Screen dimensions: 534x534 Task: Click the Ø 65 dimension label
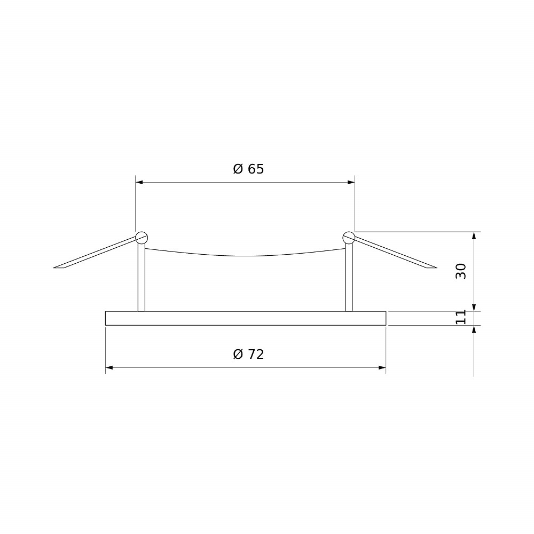[x=248, y=169]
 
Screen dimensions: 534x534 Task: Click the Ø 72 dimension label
[x=248, y=354]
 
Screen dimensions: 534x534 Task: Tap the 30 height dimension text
[x=461, y=271]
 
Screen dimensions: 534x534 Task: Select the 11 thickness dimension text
[x=461, y=317]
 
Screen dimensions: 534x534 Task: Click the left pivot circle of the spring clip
[x=142, y=238]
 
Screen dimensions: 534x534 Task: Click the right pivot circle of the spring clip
[x=349, y=238]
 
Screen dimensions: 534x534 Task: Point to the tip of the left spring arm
[x=54, y=268]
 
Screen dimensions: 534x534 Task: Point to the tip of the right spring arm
[x=437, y=268]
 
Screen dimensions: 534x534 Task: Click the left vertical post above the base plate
[x=142, y=277]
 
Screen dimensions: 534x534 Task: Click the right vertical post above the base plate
[x=349, y=277]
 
